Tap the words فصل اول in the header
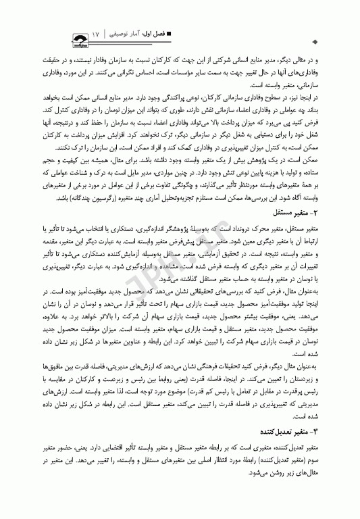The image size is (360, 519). pyautogui.click(x=155, y=32)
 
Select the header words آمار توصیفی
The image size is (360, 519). pyautogui.click(x=126, y=32)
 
